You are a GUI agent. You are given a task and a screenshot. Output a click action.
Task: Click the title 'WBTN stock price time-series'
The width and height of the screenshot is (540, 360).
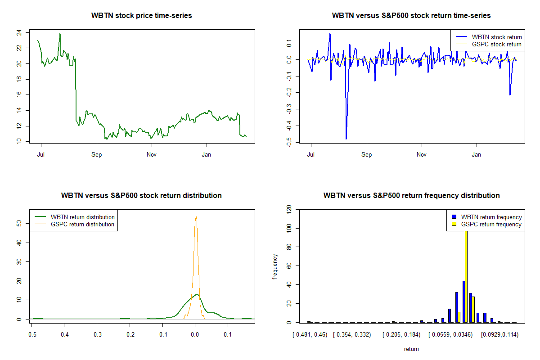[141, 16]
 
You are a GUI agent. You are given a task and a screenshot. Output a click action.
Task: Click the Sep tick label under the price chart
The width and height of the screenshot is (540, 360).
[96, 154]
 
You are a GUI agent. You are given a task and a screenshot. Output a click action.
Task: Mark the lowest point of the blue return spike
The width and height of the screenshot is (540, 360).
[346, 139]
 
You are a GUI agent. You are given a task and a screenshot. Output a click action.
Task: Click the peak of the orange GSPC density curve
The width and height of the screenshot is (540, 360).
[196, 217]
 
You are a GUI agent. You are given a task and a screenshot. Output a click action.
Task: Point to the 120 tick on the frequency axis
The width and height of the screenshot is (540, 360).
[289, 209]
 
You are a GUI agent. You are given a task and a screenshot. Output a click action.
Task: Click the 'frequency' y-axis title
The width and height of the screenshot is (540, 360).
[275, 266]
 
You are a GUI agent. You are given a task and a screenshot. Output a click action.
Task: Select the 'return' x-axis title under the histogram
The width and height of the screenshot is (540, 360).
[411, 349]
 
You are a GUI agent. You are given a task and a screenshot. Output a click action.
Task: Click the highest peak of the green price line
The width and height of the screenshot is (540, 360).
[60, 34]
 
